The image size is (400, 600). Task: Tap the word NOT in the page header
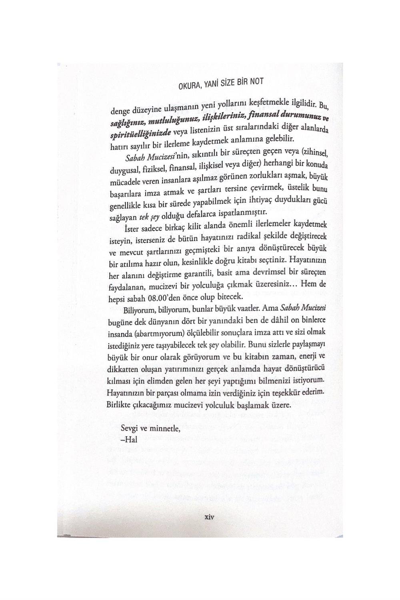(x=256, y=81)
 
